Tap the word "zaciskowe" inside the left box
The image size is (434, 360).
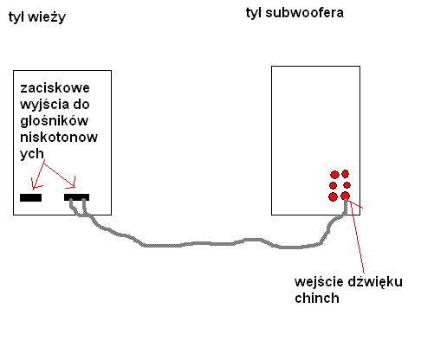tap(55, 87)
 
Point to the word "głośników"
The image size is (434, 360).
tap(54, 121)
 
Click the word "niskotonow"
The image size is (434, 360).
tap(59, 137)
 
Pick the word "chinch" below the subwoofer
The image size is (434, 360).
tap(317, 298)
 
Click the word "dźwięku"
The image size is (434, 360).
tap(375, 282)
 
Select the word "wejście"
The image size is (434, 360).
tap(320, 282)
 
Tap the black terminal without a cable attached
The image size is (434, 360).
tap(30, 197)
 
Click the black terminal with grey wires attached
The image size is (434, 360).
tap(76, 197)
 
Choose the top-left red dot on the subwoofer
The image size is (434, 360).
tap(334, 175)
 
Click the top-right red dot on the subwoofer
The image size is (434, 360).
tap(346, 174)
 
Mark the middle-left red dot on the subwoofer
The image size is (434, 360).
tap(333, 185)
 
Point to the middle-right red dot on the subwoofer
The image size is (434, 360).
tap(347, 185)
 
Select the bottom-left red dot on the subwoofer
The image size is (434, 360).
tap(333, 196)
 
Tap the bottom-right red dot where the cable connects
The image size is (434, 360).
tap(345, 196)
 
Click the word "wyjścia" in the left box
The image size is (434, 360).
tap(45, 105)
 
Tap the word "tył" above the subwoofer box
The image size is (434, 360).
tap(254, 13)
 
